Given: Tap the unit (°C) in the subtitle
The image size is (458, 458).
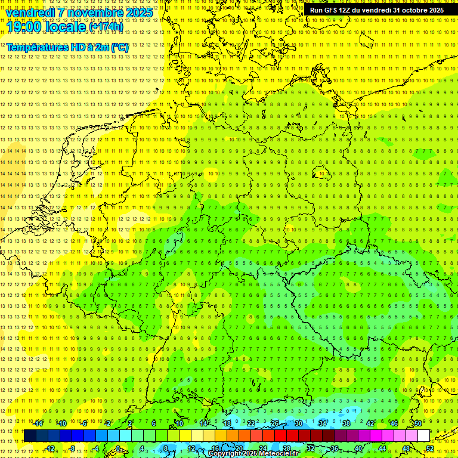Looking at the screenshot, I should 119,47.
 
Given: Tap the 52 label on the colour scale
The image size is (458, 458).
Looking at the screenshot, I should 430,448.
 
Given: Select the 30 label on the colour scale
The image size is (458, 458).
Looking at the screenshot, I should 298,423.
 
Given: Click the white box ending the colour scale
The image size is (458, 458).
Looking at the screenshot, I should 423,436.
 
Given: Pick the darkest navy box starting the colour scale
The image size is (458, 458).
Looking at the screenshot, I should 30,436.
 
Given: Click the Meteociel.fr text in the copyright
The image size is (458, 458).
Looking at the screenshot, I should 287,454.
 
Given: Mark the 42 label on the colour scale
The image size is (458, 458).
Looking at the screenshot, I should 370,423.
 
